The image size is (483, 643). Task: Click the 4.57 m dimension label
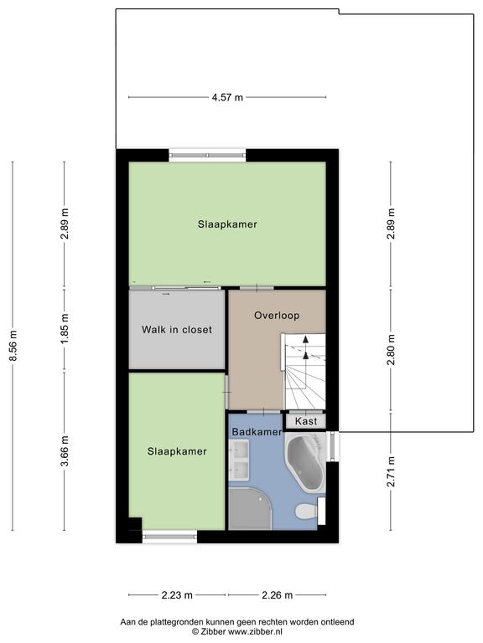(x=227, y=98)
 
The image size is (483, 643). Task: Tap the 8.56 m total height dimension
(x=13, y=346)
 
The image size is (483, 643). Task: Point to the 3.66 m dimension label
(x=65, y=451)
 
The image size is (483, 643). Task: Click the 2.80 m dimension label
(x=391, y=350)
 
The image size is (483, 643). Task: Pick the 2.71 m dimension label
(x=391, y=471)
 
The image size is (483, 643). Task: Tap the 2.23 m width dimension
(x=177, y=595)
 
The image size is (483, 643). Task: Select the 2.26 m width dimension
(x=278, y=595)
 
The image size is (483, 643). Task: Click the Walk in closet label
(x=177, y=330)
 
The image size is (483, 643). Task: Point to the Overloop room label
(x=277, y=316)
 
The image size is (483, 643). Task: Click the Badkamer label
(x=257, y=432)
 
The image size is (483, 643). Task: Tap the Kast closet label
(x=306, y=421)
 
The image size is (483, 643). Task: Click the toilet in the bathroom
(x=307, y=512)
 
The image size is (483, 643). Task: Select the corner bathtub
(x=305, y=462)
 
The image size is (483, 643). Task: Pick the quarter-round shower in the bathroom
(x=250, y=508)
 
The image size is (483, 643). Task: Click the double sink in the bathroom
(x=239, y=460)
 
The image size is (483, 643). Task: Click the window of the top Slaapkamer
(x=207, y=155)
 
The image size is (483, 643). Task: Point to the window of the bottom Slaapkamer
(x=169, y=537)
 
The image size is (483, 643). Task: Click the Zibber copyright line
(x=237, y=632)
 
